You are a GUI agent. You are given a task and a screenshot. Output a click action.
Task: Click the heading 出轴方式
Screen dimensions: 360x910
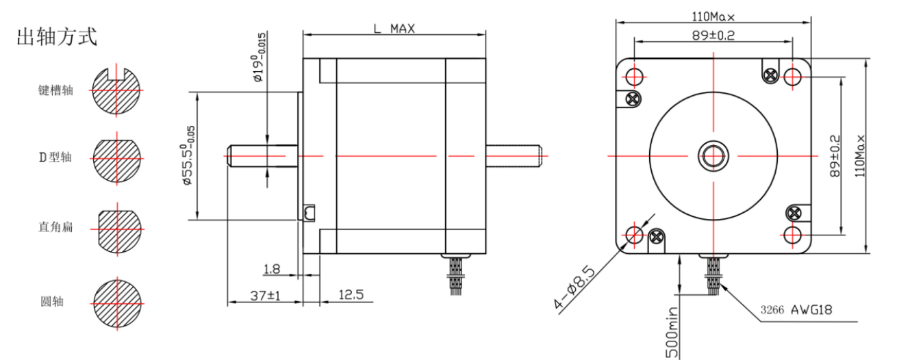point(57,38)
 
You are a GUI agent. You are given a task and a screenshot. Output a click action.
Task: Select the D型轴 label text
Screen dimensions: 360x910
point(55,157)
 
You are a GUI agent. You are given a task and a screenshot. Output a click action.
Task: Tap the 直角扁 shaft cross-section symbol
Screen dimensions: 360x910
point(118,229)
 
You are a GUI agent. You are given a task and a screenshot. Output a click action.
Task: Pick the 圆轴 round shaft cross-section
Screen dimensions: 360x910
point(118,302)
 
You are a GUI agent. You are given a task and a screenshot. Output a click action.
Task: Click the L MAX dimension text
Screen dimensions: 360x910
point(394,28)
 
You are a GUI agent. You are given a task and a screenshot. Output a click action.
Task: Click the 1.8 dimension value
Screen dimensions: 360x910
point(272,269)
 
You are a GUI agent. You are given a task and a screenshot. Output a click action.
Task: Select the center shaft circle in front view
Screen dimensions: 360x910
point(713,156)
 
